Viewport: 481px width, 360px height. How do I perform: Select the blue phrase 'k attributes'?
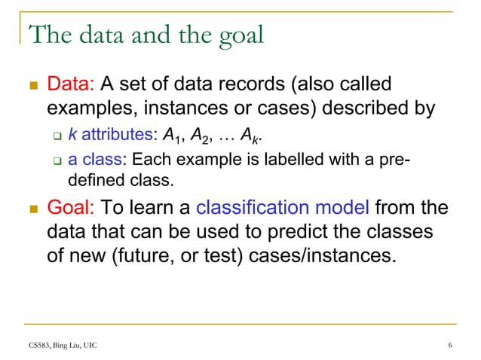(x=110, y=135)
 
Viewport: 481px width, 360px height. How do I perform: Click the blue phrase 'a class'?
(x=96, y=160)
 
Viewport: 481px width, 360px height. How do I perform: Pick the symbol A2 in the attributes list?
(x=198, y=136)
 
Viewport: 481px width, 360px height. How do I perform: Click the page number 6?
(x=450, y=346)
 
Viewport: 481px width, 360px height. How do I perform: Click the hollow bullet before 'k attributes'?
(x=56, y=136)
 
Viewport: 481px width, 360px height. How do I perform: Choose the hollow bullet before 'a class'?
(x=56, y=160)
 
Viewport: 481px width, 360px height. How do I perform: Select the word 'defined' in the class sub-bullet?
(x=96, y=181)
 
